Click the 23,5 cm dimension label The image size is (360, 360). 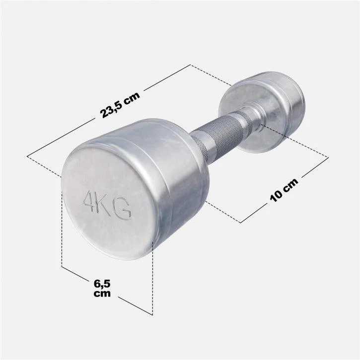pyautogui.click(x=120, y=105)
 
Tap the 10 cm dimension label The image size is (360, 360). pyautogui.click(x=284, y=190)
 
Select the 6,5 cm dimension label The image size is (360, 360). pyautogui.click(x=102, y=288)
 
